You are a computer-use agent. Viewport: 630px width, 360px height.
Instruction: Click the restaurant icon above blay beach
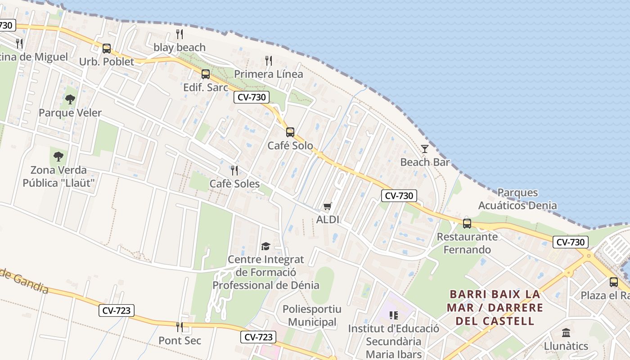click(x=179, y=34)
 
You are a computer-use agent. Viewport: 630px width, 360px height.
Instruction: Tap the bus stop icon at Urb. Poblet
click(x=107, y=49)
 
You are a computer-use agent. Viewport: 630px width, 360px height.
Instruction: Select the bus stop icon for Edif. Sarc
click(x=206, y=74)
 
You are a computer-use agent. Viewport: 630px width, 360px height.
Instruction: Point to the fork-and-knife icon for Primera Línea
click(x=269, y=61)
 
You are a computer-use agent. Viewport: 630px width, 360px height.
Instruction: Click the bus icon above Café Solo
click(x=290, y=132)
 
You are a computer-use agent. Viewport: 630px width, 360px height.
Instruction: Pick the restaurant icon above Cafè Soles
click(x=234, y=171)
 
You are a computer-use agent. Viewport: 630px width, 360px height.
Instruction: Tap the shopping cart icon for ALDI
click(x=328, y=206)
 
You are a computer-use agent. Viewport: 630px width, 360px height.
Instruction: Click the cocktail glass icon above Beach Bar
click(x=425, y=149)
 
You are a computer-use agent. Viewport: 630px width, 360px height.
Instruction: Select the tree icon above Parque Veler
click(x=70, y=99)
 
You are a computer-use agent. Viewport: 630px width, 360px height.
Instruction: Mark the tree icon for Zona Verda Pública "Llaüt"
click(x=58, y=157)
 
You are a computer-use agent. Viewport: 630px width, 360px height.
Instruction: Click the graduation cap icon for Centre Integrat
click(x=266, y=246)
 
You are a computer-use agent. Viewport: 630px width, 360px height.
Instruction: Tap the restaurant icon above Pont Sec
click(x=180, y=327)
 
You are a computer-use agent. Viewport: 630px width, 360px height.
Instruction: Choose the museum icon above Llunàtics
click(x=566, y=333)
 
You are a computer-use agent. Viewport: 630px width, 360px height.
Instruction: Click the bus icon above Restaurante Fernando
click(x=467, y=223)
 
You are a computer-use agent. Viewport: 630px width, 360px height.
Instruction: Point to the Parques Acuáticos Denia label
click(x=517, y=199)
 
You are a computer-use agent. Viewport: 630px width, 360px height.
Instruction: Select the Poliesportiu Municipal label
click(x=312, y=315)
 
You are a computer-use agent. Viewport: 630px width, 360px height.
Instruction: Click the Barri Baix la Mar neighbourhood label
click(x=495, y=308)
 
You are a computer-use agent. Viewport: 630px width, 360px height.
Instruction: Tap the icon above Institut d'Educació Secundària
click(x=394, y=315)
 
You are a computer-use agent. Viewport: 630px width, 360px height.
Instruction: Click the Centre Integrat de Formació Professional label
click(x=266, y=272)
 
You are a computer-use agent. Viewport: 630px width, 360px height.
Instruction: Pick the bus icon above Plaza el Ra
click(x=614, y=282)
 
